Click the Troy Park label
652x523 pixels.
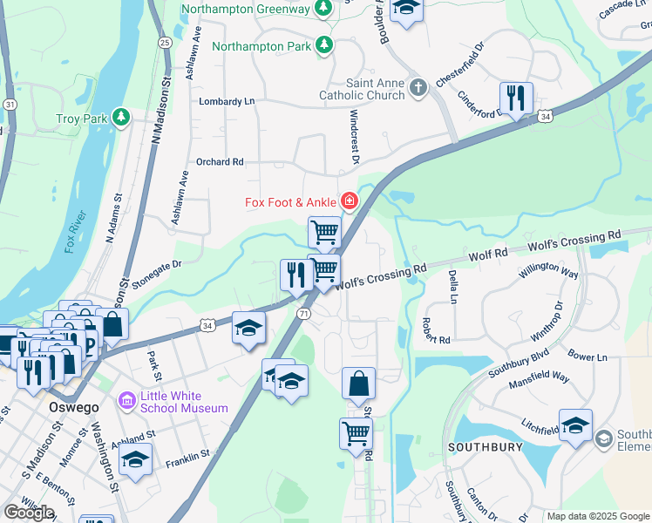coord(79,118)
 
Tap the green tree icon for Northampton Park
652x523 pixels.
coord(324,44)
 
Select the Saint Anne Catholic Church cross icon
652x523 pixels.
coord(418,87)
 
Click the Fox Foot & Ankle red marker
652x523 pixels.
coord(350,202)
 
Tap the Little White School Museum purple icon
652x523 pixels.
coord(127,401)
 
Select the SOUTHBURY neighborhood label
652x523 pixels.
coord(485,447)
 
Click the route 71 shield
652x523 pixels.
coord(303,313)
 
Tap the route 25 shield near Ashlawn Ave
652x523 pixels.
coord(165,41)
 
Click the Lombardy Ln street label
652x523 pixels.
coord(227,101)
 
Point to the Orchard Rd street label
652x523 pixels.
coord(220,161)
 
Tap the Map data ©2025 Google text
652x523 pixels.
coord(597,516)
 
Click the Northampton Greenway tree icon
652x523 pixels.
coord(323,8)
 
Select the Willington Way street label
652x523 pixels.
coord(548,270)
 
